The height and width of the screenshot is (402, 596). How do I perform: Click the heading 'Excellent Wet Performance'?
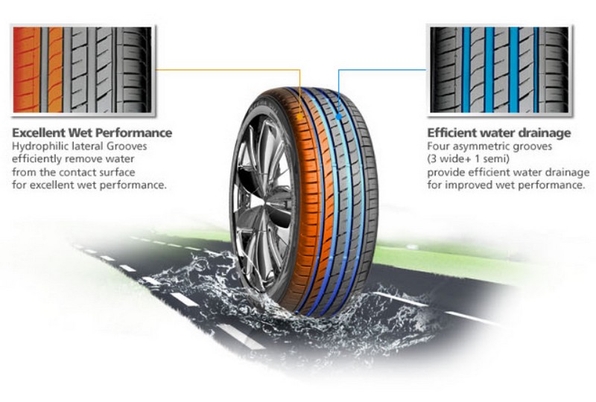pyautogui.click(x=92, y=133)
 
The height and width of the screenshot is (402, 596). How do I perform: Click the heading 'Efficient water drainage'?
pyautogui.click(x=499, y=133)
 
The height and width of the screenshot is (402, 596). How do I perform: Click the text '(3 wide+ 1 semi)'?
pyautogui.click(x=469, y=159)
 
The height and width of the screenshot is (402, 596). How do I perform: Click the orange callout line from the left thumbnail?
pyautogui.click(x=223, y=71)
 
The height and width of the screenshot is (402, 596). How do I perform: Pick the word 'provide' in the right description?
pyautogui.click(x=446, y=172)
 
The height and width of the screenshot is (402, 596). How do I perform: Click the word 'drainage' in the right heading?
pyautogui.click(x=541, y=133)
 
